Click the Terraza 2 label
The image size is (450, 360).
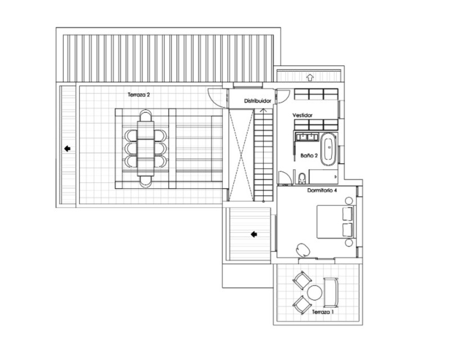pyautogui.click(x=139, y=94)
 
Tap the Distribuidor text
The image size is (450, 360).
pyautogui.click(x=258, y=101)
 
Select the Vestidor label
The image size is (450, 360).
pyautogui.click(x=303, y=115)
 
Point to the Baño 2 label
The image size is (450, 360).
pyautogui.click(x=309, y=155)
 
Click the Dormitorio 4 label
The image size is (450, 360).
pyautogui.click(x=322, y=190)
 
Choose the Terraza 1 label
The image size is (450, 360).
pyautogui.click(x=323, y=312)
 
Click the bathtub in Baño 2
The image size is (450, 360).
pyautogui.click(x=329, y=149)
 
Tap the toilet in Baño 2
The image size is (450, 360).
pyautogui.click(x=302, y=178)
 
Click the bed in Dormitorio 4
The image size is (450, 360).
pyautogui.click(x=336, y=222)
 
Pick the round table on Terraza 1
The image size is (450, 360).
pyautogui.click(x=314, y=293)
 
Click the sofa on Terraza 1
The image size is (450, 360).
pyautogui.click(x=331, y=292)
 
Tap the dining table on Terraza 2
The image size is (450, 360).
pyautogui.click(x=146, y=148)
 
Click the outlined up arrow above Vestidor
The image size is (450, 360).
pyautogui.click(x=310, y=77)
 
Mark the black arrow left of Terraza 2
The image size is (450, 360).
pyautogui.click(x=67, y=148)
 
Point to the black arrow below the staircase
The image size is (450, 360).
pyautogui.click(x=254, y=235)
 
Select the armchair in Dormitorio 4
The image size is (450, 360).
pyautogui.click(x=303, y=250)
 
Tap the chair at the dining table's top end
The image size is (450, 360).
pyautogui.click(x=146, y=115)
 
